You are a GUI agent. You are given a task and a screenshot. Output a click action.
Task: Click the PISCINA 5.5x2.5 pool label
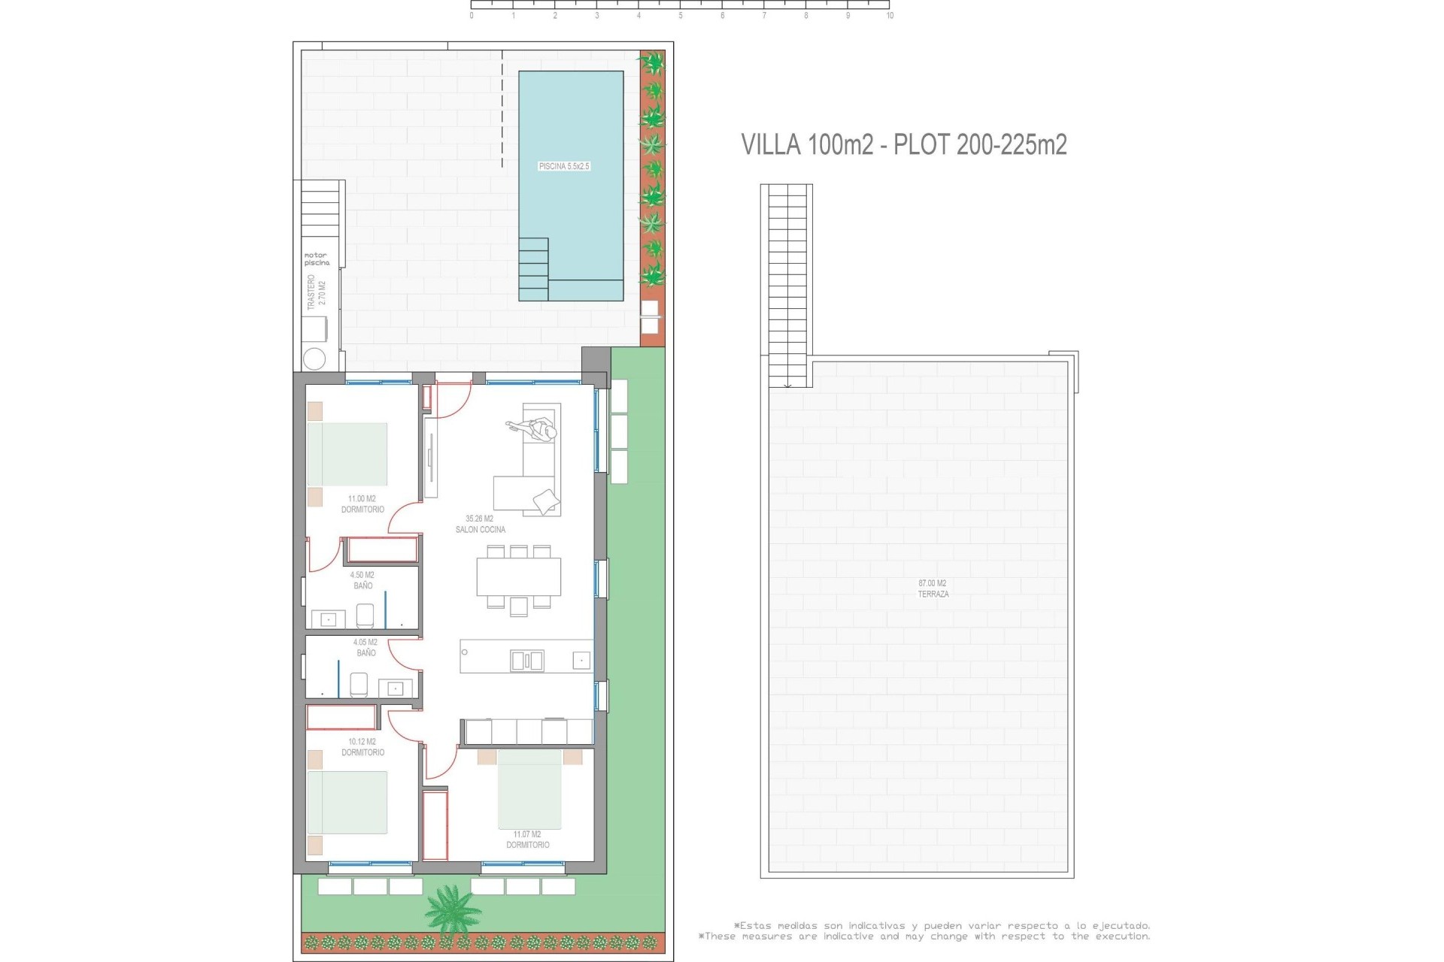coord(564,166)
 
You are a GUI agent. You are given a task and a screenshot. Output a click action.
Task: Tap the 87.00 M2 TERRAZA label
coord(933,588)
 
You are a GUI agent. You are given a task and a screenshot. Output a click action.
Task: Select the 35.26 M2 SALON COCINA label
coord(480,524)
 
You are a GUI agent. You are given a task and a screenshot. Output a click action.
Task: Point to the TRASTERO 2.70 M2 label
coord(317,292)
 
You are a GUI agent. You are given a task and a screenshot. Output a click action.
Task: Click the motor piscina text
coord(317,259)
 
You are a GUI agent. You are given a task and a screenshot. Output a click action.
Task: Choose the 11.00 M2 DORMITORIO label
coord(363,504)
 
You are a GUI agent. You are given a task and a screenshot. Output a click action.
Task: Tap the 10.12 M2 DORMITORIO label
coord(363,747)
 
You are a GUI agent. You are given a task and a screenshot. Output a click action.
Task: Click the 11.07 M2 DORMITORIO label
coord(527,839)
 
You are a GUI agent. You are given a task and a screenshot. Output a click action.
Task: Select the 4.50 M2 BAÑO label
coord(363,580)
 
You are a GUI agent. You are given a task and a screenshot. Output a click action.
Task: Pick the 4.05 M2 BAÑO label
coord(366,648)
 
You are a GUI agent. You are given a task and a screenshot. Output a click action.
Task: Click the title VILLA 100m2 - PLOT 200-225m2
coord(904,144)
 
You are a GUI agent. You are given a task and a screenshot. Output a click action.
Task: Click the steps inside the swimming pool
coord(533,268)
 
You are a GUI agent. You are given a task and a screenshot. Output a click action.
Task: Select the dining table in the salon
coord(519,576)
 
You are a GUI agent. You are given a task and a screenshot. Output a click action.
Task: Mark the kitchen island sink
coord(526,661)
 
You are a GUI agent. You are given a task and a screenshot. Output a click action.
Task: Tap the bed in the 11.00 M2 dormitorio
coord(347,454)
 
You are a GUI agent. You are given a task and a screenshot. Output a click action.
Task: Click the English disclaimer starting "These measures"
coord(924,936)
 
